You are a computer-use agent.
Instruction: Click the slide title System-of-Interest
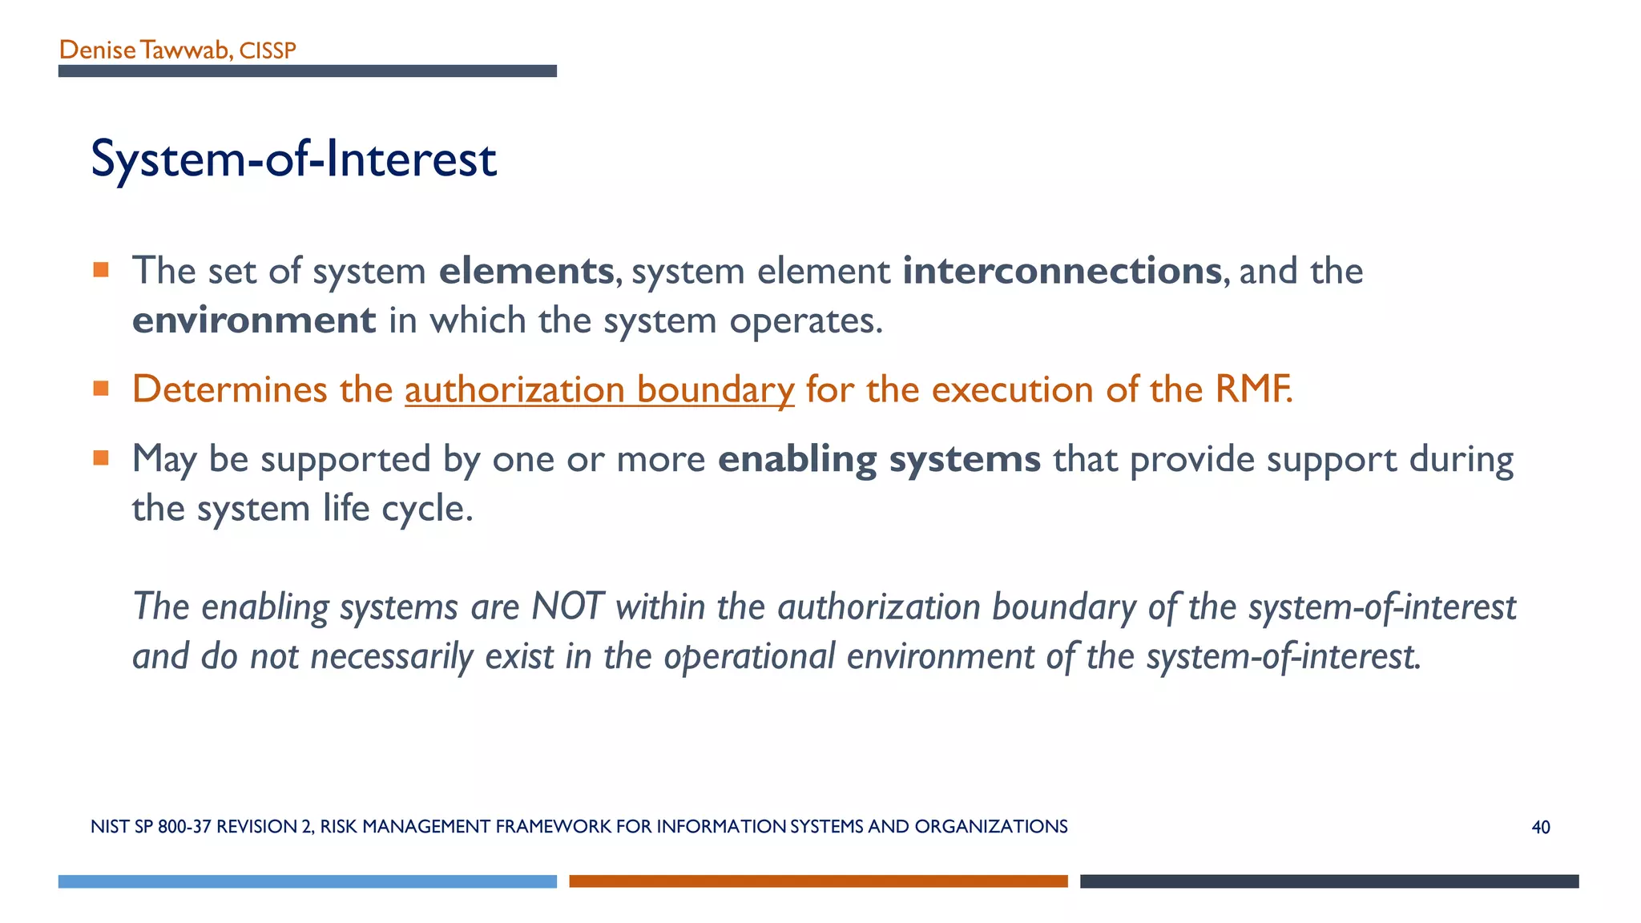click(x=293, y=159)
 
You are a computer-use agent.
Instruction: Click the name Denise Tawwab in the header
click(x=143, y=50)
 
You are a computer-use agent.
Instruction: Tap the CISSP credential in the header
click(x=268, y=51)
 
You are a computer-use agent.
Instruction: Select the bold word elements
click(x=526, y=271)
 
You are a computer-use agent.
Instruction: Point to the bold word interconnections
click(x=1062, y=271)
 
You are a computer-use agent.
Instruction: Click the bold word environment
click(x=253, y=320)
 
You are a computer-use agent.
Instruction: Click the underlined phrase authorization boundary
click(x=599, y=389)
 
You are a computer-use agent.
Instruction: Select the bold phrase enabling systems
click(x=879, y=459)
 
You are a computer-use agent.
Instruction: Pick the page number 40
click(x=1540, y=828)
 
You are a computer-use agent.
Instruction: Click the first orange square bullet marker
click(x=101, y=270)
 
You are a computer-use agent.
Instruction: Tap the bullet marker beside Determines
click(x=101, y=389)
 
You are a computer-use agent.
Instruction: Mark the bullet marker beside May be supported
click(x=101, y=458)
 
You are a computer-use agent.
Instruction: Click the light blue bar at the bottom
click(x=307, y=881)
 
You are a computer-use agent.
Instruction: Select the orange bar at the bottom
click(x=818, y=881)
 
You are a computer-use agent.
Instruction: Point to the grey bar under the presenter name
click(x=307, y=71)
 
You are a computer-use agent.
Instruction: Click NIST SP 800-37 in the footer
click(x=151, y=827)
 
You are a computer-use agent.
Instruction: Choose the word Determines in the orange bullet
click(x=230, y=389)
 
